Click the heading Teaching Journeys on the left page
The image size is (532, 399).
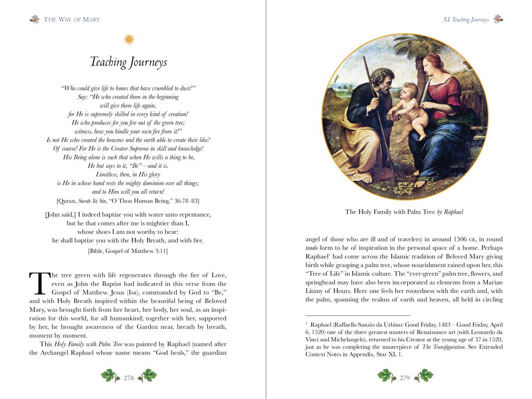pos(128,62)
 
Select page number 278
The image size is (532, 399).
pos(129,378)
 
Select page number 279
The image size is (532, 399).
pos(405,378)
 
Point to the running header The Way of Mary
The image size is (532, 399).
pos(72,20)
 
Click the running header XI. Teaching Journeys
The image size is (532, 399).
pos(465,20)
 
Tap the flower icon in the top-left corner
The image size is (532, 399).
pos(35,20)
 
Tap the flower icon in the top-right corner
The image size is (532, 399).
pos(498,20)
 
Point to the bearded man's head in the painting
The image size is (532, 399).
pos(383,80)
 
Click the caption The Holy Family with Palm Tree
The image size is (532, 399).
pos(404,212)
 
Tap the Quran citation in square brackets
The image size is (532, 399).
pos(128,201)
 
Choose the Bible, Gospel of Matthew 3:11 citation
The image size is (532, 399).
pos(128,251)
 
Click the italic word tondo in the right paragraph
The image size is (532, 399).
pos(312,248)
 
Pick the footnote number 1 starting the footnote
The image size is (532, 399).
pos(307,323)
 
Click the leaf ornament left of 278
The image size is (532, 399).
pos(109,375)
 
